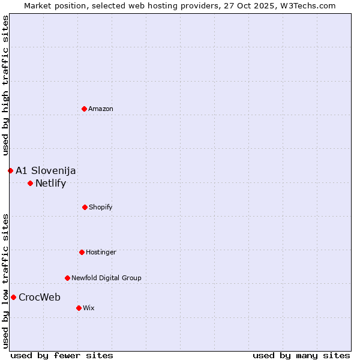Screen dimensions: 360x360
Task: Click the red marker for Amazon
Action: [85, 109]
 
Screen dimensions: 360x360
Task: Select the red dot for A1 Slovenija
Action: [10, 170]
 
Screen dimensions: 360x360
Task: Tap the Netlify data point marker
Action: [30, 183]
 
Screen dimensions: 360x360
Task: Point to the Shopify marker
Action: [85, 207]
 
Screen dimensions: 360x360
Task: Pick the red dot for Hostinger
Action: [82, 252]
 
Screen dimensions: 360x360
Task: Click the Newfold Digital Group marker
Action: [67, 278]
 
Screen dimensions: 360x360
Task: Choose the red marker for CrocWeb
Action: [13, 297]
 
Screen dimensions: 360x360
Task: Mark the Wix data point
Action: [79, 308]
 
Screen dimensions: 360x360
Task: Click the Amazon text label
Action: [101, 109]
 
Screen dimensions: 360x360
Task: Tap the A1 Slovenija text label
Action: [46, 170]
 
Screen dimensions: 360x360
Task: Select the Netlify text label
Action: [50, 183]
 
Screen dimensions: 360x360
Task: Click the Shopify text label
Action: [101, 207]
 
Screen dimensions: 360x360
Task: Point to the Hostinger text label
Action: [101, 252]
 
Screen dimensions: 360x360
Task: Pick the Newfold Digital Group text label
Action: [106, 278]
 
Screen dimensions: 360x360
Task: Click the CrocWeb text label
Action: [40, 297]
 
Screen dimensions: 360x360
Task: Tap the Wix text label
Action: [89, 308]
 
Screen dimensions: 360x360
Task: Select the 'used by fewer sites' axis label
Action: [62, 355]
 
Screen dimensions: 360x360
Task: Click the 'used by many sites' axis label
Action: [301, 355]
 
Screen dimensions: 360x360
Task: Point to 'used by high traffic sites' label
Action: [5, 86]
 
